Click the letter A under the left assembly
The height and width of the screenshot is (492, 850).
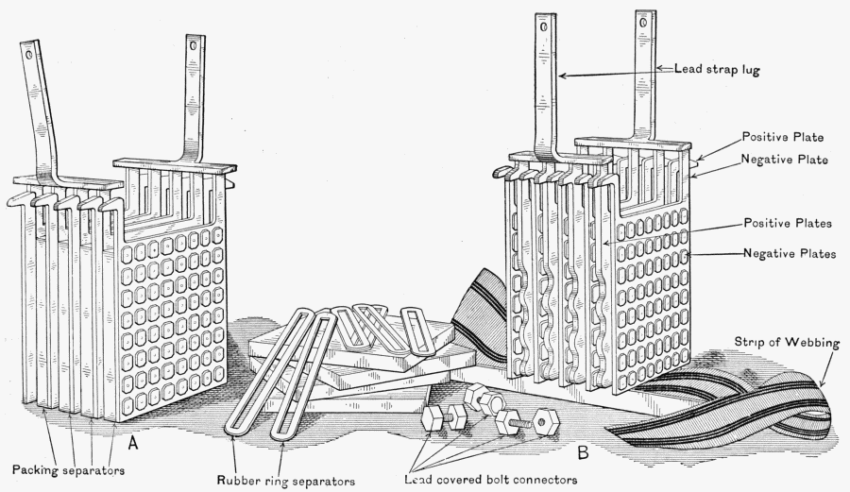[135, 441]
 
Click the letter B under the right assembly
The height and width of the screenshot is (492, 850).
[583, 452]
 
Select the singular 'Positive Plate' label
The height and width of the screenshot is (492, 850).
[784, 137]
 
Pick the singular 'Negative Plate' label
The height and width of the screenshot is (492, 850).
[784, 160]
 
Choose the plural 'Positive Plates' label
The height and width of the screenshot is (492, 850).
[787, 224]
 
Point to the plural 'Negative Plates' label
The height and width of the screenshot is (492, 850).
[789, 253]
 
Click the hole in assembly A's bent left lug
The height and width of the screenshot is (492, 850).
[30, 56]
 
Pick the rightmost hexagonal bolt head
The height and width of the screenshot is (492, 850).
[542, 422]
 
